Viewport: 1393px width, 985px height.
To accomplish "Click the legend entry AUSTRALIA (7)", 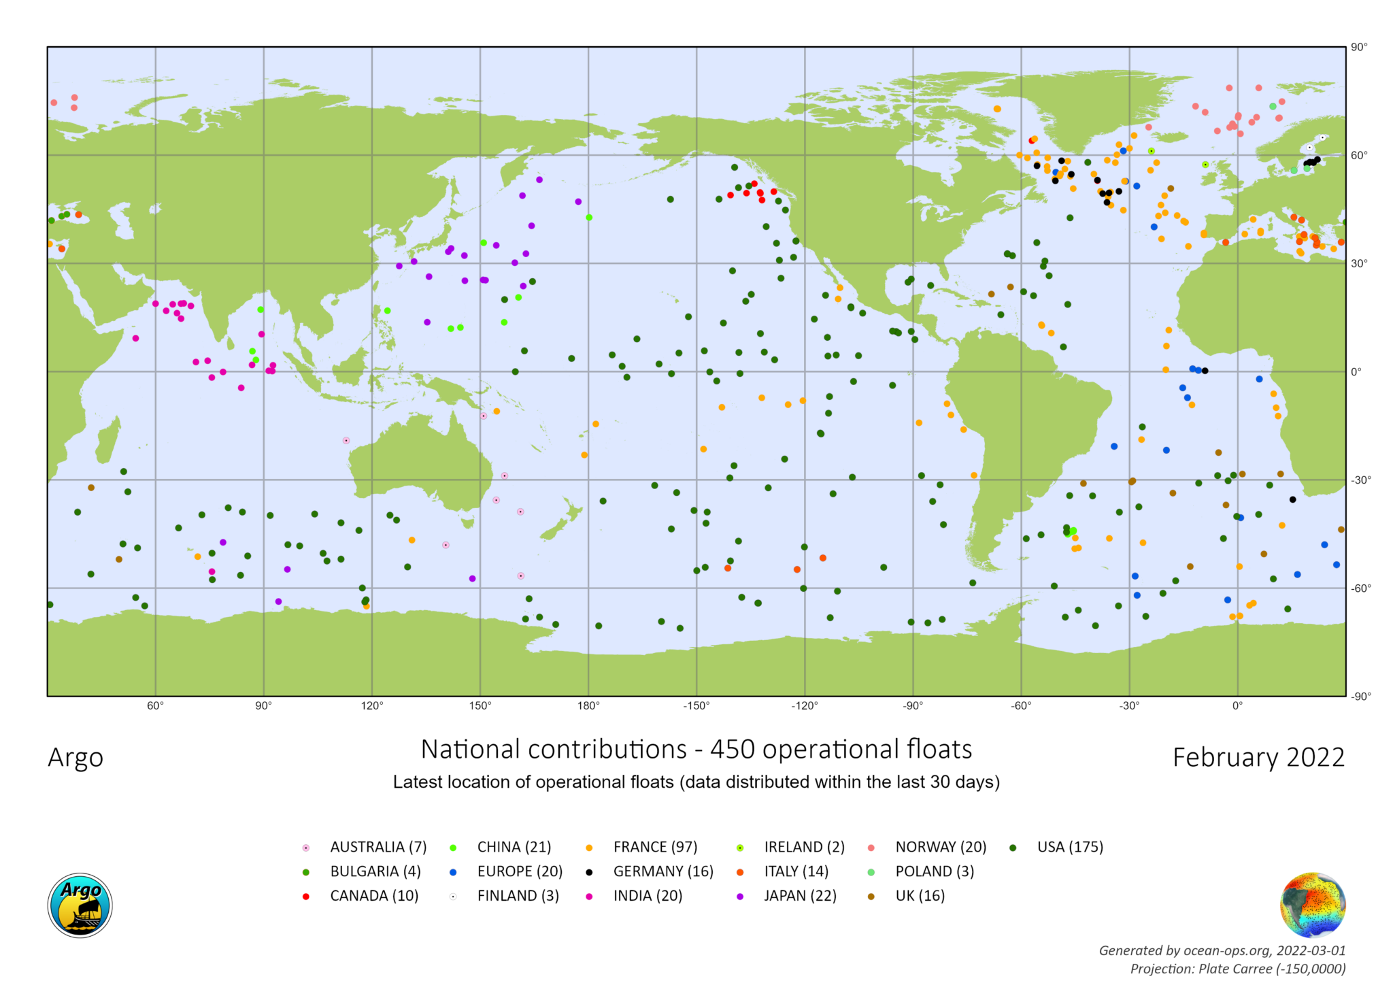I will pyautogui.click(x=377, y=847).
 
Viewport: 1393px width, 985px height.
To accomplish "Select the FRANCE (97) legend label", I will pyautogui.click(x=654, y=847).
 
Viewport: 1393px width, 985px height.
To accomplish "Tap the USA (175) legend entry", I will pyautogui.click(x=1069, y=847).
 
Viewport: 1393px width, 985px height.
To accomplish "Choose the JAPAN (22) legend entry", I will pyautogui.click(x=799, y=896).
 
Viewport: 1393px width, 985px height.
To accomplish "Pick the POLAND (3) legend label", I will pyautogui.click(x=934, y=871).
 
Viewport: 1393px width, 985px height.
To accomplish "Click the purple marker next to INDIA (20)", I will pyautogui.click(x=589, y=897).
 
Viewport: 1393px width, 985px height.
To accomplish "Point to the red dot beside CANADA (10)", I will pyautogui.click(x=306, y=897).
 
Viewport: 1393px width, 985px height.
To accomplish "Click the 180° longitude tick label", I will pyautogui.click(x=588, y=705).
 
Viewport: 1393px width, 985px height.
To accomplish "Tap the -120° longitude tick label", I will pyautogui.click(x=805, y=705).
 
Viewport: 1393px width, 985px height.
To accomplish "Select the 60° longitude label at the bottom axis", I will pyautogui.click(x=155, y=705).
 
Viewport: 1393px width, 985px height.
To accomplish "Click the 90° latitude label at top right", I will pyautogui.click(x=1359, y=47).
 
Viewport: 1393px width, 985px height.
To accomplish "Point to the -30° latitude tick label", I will pyautogui.click(x=1360, y=480).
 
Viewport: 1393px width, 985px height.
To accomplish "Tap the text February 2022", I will pyautogui.click(x=1258, y=758).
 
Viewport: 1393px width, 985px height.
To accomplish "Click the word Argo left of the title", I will pyautogui.click(x=75, y=758).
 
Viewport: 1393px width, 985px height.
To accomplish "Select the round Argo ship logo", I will pyautogui.click(x=80, y=906).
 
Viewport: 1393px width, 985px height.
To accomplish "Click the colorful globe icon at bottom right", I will pyautogui.click(x=1313, y=905).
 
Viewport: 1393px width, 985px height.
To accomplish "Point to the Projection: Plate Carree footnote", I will pyautogui.click(x=1237, y=969).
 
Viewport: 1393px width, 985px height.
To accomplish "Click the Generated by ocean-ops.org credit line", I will pyautogui.click(x=1222, y=950).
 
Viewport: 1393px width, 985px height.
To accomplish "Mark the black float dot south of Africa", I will pyautogui.click(x=1292, y=500).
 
